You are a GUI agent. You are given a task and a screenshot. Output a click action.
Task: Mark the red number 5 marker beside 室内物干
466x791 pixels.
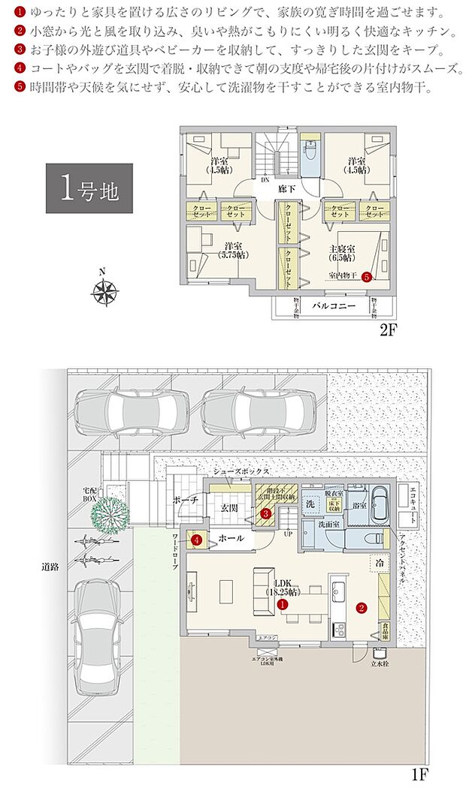pyautogui.click(x=366, y=276)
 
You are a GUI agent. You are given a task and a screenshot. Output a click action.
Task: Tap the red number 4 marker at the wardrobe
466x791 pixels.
pyautogui.click(x=195, y=539)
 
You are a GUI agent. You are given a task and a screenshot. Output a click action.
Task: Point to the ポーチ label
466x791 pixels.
pyautogui.click(x=185, y=499)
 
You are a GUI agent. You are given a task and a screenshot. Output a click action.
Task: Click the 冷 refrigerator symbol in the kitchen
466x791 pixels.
pyautogui.click(x=374, y=561)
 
